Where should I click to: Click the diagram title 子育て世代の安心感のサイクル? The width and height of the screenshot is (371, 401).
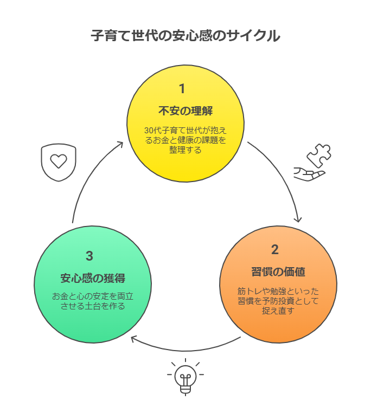185,36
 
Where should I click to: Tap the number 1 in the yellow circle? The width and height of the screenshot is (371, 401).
182,88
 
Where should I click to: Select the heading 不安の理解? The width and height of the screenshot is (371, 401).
185,111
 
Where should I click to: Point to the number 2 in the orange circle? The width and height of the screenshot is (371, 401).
275,250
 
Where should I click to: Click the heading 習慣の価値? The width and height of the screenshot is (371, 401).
274,271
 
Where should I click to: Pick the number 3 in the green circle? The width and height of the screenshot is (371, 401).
89,256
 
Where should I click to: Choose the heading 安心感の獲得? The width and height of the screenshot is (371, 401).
93,279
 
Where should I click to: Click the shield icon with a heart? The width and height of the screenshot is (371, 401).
59,162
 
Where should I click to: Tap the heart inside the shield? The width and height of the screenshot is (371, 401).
59,161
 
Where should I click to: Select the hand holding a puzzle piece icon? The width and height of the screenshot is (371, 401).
311,163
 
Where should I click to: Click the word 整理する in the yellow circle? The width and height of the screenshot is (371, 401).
185,150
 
